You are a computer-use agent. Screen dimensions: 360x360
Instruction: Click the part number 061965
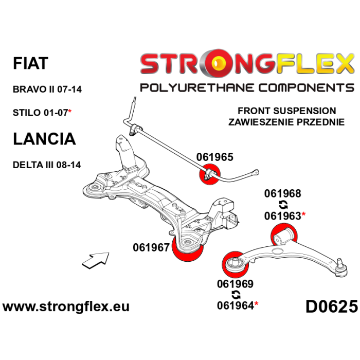tap(214, 157)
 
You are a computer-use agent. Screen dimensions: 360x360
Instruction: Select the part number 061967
tap(151, 247)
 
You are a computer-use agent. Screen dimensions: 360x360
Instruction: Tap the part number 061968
tap(283, 194)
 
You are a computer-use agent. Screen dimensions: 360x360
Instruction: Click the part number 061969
tap(236, 283)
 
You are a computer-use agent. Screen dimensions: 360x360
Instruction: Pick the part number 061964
tap(236, 305)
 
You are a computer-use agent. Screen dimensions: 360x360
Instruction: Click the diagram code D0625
tap(331, 307)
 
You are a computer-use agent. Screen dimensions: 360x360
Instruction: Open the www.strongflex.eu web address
tap(66, 307)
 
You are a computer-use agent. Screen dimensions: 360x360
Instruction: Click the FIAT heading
tap(30, 63)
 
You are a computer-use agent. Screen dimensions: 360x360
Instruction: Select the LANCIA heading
tap(44, 138)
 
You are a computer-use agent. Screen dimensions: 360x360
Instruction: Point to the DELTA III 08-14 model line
tap(47, 165)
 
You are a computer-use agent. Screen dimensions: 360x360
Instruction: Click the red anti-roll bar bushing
tap(209, 174)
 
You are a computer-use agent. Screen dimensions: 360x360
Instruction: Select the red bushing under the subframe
tap(189, 250)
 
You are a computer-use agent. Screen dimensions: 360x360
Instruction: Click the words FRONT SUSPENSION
tap(286, 111)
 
